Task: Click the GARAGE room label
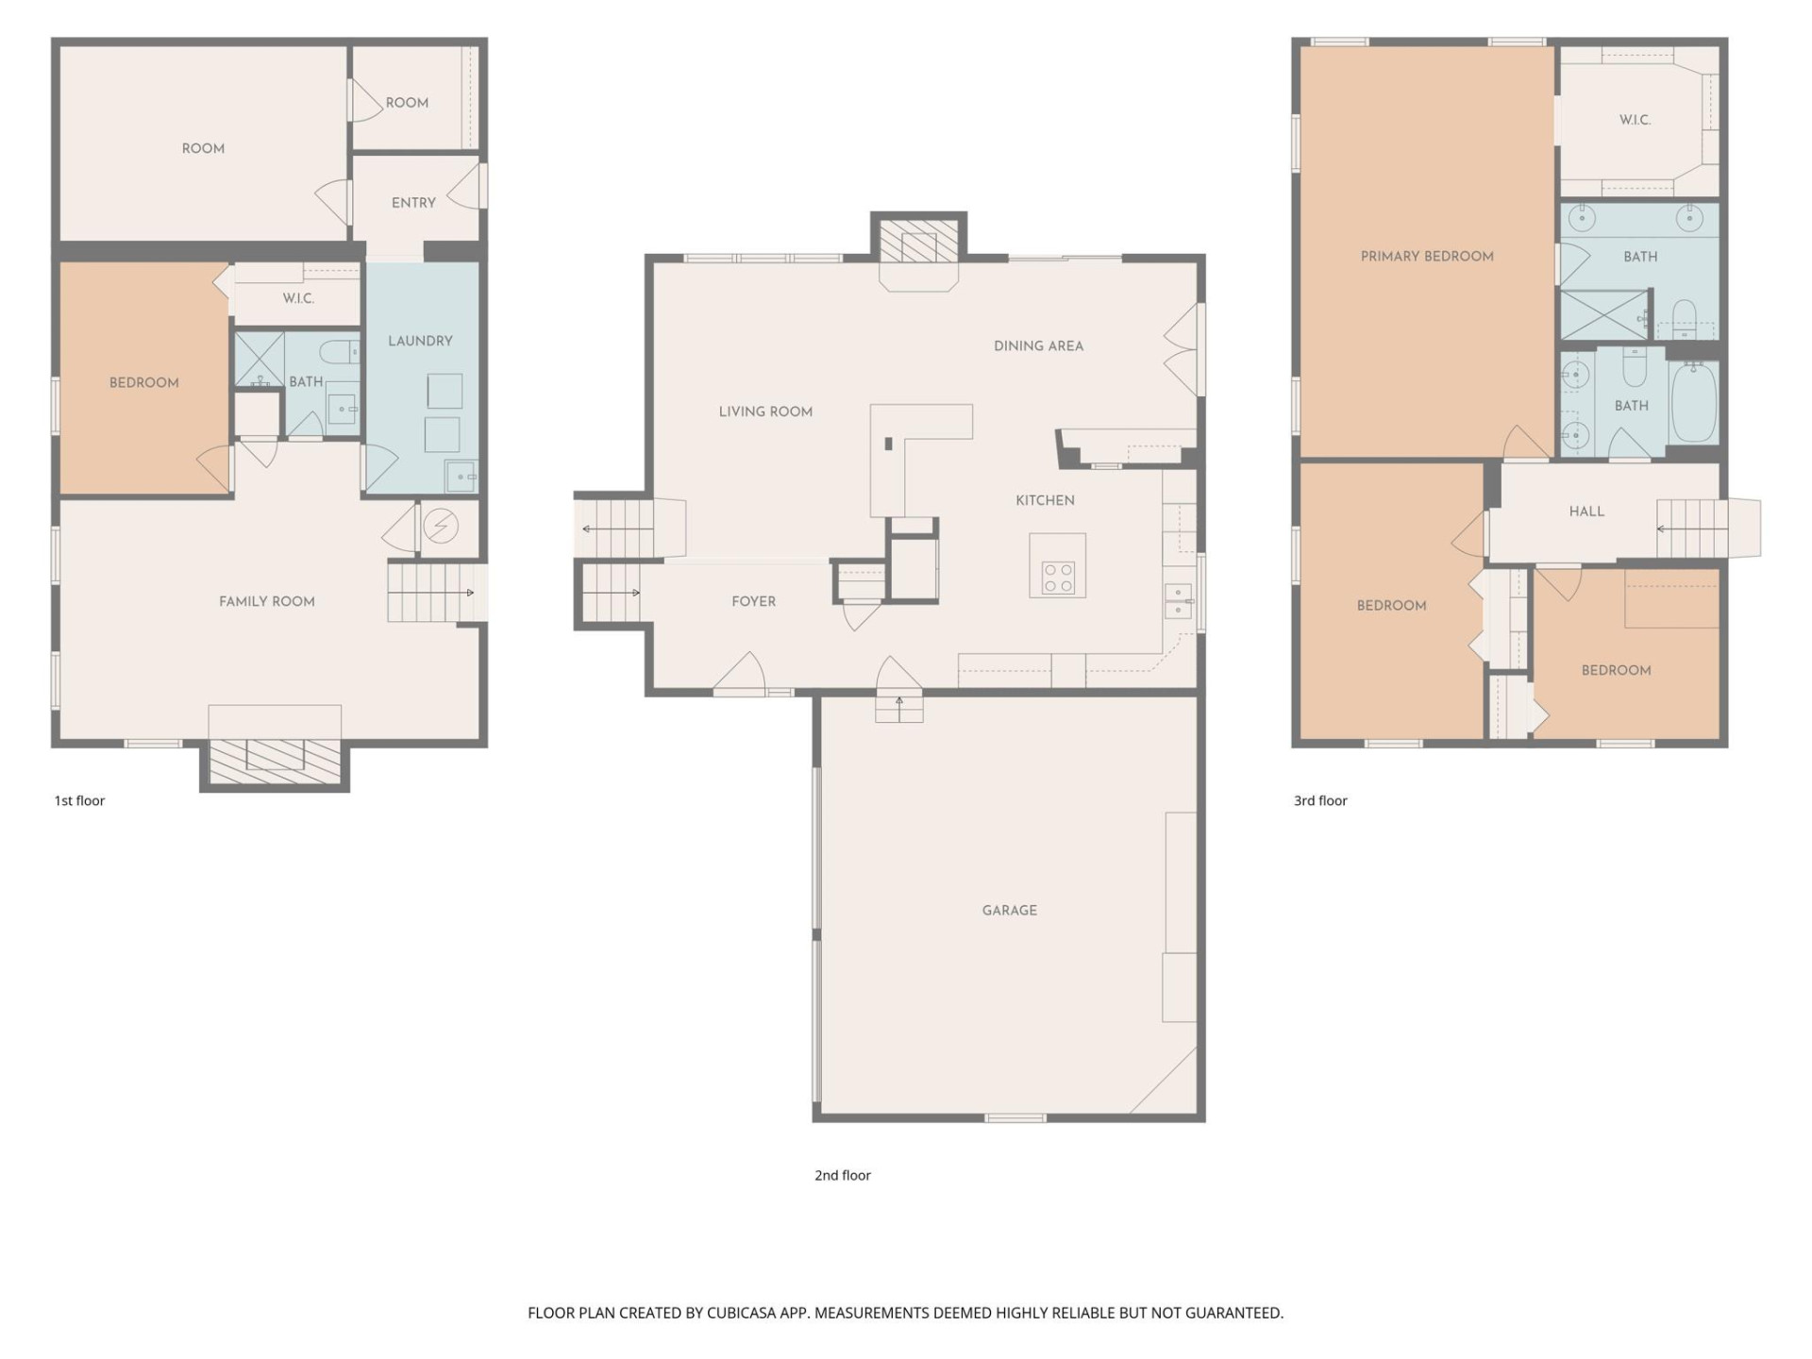coord(1009,910)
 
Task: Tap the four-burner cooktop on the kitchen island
coord(1058,578)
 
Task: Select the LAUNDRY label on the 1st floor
coord(420,341)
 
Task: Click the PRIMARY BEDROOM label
coord(1426,256)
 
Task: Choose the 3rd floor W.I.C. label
coord(1635,120)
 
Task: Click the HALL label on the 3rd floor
coord(1586,511)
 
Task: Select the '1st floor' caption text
coord(79,800)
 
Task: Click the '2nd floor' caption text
coord(842,1175)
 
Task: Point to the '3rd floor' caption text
coord(1319,800)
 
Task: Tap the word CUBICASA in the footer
coord(740,1313)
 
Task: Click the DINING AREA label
coord(1038,345)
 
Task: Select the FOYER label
coord(753,601)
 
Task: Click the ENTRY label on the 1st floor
coord(413,203)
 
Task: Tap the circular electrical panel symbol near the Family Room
coord(441,527)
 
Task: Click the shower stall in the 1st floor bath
coord(259,359)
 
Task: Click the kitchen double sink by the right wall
coord(1177,600)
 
